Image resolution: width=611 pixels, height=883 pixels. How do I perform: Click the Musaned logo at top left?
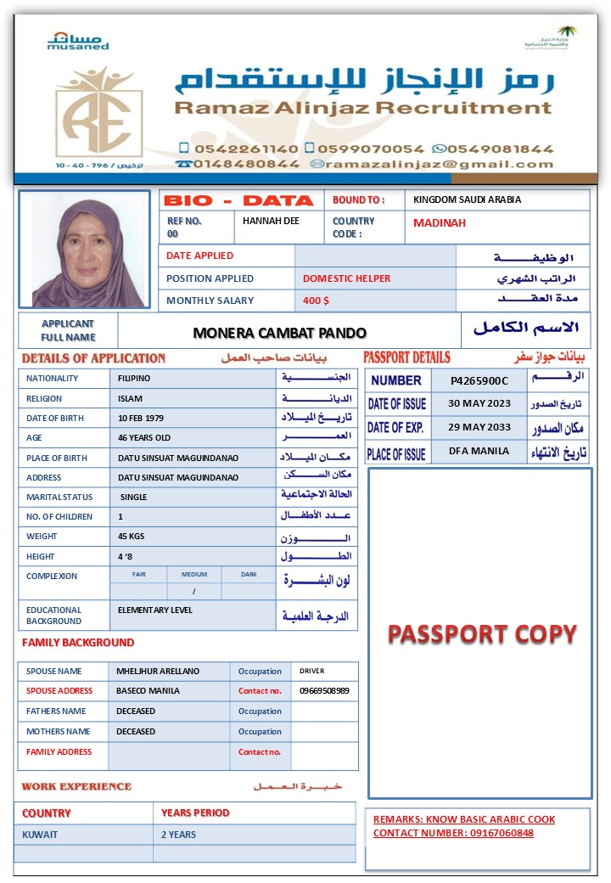pos(77,41)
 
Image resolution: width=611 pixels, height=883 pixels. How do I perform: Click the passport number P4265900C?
pos(479,380)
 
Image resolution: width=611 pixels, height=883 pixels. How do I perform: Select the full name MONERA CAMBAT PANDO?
pos(280,333)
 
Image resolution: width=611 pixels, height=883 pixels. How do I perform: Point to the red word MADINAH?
pos(440,223)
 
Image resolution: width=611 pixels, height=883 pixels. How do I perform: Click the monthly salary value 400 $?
pos(316,301)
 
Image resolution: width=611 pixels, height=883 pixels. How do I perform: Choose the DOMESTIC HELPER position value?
pos(346,278)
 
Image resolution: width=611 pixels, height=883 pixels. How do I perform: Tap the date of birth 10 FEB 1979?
pos(142,418)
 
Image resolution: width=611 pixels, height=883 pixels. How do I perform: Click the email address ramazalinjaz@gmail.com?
pos(440,164)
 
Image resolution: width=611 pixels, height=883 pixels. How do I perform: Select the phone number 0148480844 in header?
pos(247,164)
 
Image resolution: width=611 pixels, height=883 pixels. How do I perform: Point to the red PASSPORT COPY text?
pos(482,634)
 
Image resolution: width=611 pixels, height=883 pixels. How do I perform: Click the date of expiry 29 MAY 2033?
pos(479,427)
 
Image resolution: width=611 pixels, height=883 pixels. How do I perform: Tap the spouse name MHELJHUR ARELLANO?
pos(158,671)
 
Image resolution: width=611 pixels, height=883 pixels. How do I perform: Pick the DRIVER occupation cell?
pos(312,671)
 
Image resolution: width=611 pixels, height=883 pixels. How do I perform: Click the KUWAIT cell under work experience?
pos(40,835)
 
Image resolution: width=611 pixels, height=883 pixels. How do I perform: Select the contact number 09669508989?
pos(324,691)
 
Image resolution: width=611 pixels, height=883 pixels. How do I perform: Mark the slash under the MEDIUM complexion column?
pos(193,592)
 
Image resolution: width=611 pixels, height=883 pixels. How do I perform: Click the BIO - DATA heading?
pos(238,201)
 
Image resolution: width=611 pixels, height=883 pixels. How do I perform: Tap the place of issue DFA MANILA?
pos(479,451)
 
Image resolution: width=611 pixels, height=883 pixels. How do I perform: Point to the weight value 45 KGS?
pos(132,537)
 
